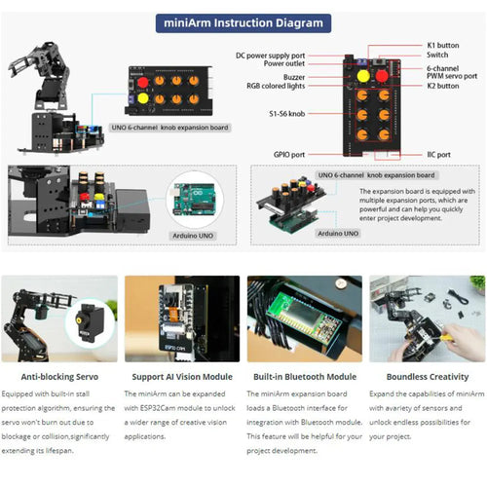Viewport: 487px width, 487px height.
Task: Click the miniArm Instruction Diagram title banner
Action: click(243, 22)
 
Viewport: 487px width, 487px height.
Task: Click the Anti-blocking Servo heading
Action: click(58, 374)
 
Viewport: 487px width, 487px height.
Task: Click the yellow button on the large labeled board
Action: click(363, 75)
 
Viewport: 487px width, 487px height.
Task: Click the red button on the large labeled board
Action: click(384, 75)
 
